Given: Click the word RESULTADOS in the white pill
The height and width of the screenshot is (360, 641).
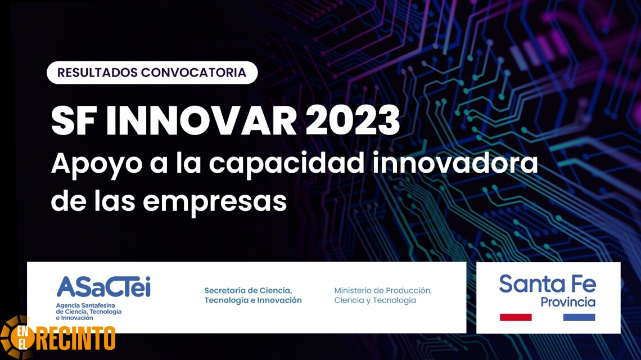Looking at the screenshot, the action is point(98,73).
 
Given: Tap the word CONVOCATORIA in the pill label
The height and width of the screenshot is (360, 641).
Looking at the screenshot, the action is point(194,73).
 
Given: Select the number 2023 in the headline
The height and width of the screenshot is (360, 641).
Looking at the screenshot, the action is point(353,121).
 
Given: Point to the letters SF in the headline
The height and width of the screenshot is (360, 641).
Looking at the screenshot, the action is point(74,121).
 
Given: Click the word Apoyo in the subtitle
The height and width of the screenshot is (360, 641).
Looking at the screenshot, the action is point(97,164).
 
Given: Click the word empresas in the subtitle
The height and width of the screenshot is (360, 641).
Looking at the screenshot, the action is point(215,202).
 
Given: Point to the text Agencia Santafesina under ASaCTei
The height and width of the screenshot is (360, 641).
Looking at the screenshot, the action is point(85,305).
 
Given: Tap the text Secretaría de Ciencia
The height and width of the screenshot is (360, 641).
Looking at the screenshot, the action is point(248,290).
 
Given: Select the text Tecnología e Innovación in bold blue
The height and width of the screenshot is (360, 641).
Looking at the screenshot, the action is point(253,300).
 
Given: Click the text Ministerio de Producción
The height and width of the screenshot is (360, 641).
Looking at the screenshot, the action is point(383,290).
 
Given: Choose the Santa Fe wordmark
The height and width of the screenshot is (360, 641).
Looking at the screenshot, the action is point(548,283).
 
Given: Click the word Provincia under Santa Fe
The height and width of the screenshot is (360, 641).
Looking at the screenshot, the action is point(568,302).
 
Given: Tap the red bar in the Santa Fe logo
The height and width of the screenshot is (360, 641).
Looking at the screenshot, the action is point(516,317).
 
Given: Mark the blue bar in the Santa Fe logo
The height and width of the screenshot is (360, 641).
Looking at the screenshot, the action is point(579,317).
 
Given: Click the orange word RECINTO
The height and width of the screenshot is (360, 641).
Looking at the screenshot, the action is point(76,338).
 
